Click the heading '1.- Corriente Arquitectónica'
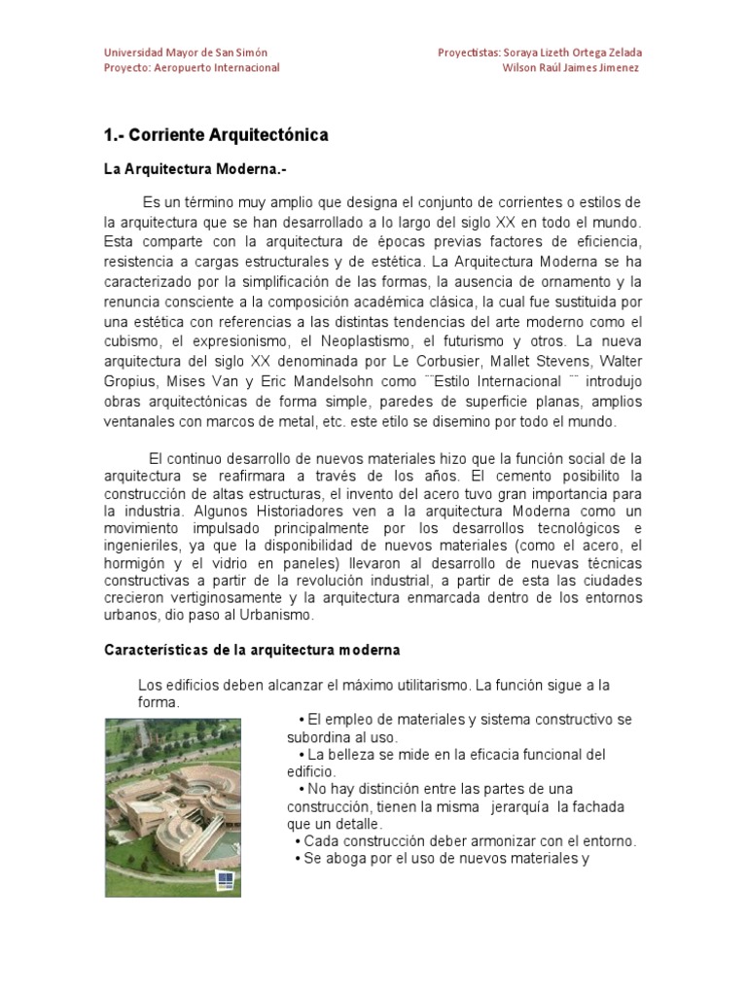[x=216, y=134]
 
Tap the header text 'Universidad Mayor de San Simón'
[x=186, y=53]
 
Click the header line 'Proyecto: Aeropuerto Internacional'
[x=192, y=68]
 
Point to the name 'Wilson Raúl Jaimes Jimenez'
[x=571, y=68]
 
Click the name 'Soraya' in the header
[x=522, y=53]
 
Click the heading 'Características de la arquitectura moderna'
[x=238, y=649]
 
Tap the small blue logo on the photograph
[x=226, y=878]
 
